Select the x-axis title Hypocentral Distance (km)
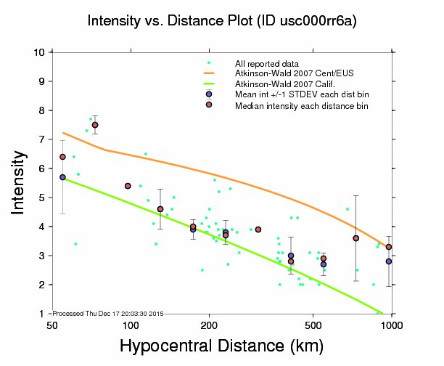(221, 346)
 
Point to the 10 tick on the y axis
(41, 52)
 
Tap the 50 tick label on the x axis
(52, 324)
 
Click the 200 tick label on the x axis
(209, 324)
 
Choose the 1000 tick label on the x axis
(392, 324)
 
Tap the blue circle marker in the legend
(209, 94)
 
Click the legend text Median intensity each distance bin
(302, 105)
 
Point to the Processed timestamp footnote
(107, 314)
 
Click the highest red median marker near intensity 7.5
(95, 125)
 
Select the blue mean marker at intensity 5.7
(62, 177)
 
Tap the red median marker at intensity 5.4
(128, 186)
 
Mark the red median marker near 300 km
(258, 229)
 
